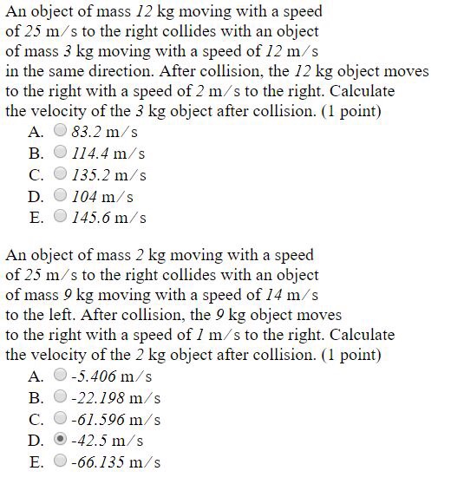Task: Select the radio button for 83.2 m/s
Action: (x=60, y=132)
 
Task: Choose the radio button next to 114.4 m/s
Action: (x=60, y=154)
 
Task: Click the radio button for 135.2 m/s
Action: (x=60, y=174)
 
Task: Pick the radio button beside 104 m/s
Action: (x=60, y=196)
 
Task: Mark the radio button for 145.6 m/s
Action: (x=60, y=217)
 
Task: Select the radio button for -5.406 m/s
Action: (x=60, y=376)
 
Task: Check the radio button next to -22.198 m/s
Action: (x=60, y=397)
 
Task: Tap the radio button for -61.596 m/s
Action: (x=60, y=419)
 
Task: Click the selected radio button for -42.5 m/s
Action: (x=60, y=440)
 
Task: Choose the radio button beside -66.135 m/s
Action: (x=60, y=461)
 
